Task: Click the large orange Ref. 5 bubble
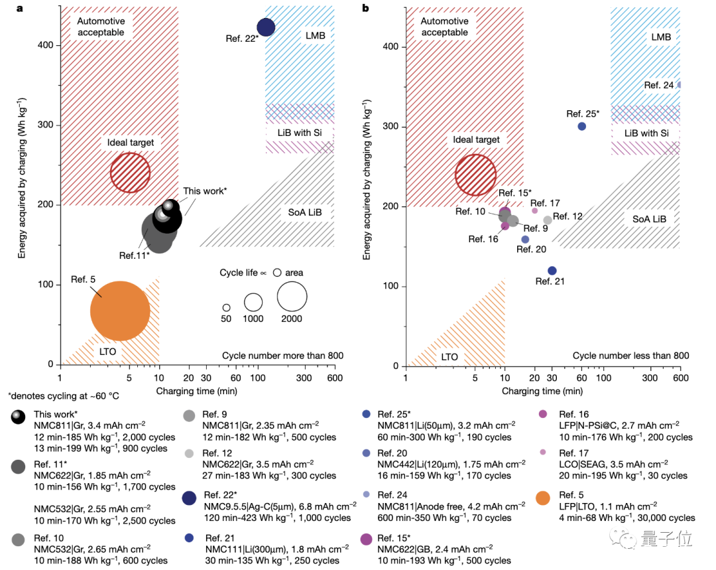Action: pyautogui.click(x=120, y=311)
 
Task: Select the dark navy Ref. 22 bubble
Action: pyautogui.click(x=266, y=27)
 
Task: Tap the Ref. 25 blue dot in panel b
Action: pyautogui.click(x=582, y=126)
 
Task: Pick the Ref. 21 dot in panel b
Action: pyautogui.click(x=552, y=270)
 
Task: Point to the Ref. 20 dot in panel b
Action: pyautogui.click(x=525, y=240)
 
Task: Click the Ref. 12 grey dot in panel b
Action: pyautogui.click(x=548, y=220)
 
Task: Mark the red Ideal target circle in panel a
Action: pyautogui.click(x=130, y=173)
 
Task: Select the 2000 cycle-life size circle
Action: pyautogui.click(x=292, y=296)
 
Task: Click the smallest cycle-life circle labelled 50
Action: pyautogui.click(x=226, y=308)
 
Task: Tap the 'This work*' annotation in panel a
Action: pyautogui.click(x=205, y=191)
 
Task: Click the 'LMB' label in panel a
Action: pyautogui.click(x=315, y=35)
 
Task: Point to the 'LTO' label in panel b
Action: pyautogui.click(x=449, y=356)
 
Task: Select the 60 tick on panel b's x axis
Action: pyautogui.click(x=582, y=378)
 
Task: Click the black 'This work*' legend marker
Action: pyautogui.click(x=19, y=416)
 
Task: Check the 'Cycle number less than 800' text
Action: pyautogui.click(x=630, y=356)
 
